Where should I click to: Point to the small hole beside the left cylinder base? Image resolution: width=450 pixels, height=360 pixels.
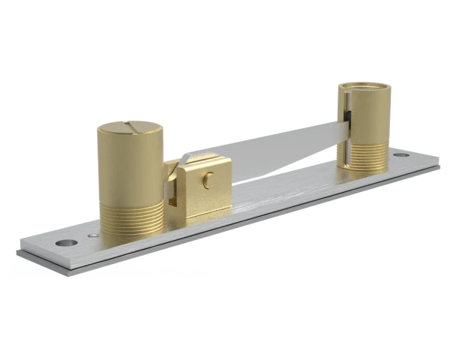(92, 237)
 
